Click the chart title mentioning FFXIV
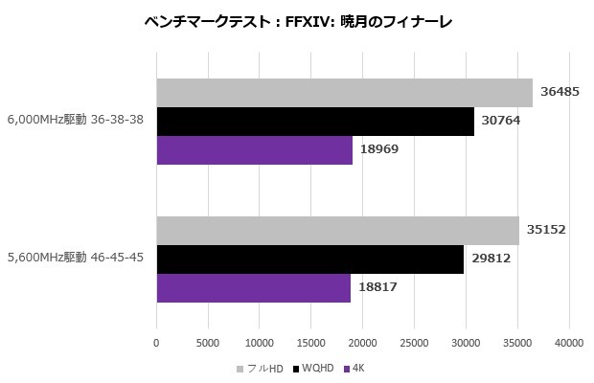[297, 21]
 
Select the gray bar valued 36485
[344, 93]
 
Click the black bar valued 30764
[314, 122]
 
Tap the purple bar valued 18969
[254, 150]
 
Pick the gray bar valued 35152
[337, 231]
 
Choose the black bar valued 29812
[309, 259]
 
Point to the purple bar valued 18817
[253, 287]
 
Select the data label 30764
[502, 122]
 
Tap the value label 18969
[380, 150]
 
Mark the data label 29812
[491, 259]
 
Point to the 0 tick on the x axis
[156, 340]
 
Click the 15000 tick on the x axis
[310, 340]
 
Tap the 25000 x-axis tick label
[414, 340]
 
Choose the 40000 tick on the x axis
[569, 340]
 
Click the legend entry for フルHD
[260, 368]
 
